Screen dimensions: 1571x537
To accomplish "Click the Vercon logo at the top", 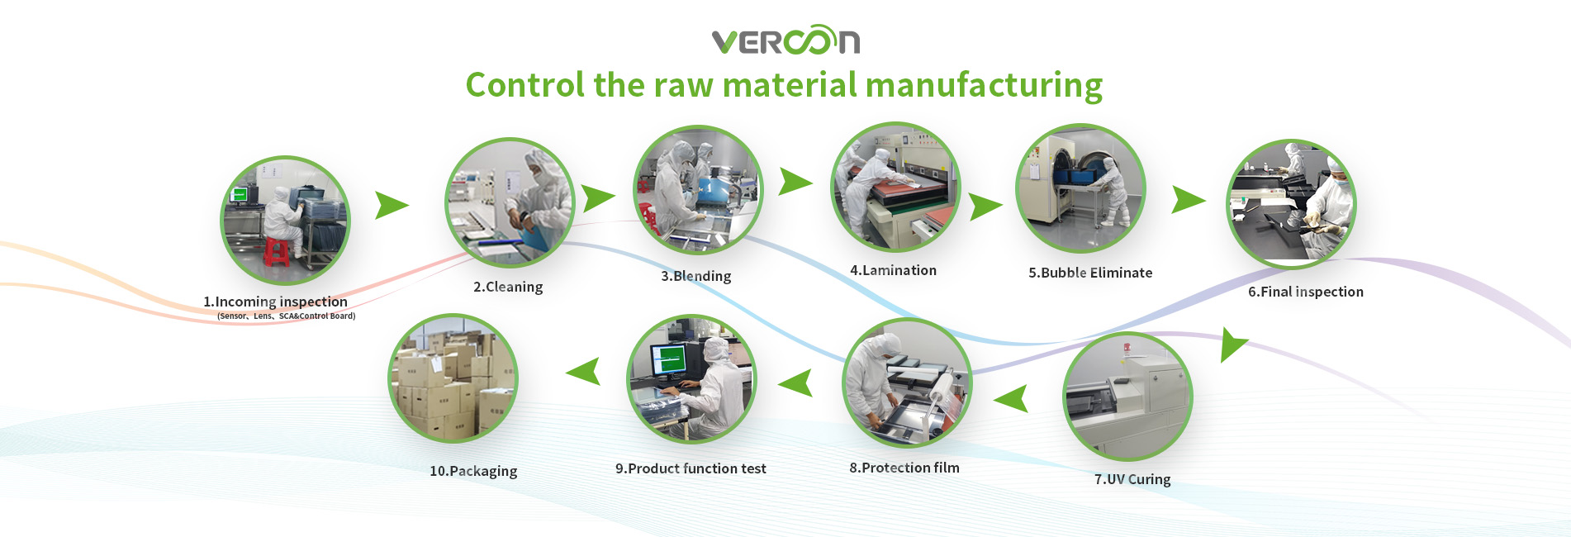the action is (785, 40).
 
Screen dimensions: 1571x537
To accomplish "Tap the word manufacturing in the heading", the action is (984, 86).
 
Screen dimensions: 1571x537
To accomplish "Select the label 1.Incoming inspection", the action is (275, 302).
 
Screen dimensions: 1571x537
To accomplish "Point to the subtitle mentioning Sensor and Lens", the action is (286, 316).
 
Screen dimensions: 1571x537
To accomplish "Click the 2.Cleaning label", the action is (508, 287).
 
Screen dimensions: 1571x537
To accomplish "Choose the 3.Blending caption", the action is (695, 276).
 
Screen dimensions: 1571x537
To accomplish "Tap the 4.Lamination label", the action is (893, 270).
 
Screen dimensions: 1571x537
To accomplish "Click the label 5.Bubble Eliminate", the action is (1090, 273).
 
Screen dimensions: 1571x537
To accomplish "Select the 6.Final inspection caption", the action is (1305, 292).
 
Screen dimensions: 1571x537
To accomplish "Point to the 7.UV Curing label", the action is (1132, 479).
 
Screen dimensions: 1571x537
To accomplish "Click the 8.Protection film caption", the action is (904, 468).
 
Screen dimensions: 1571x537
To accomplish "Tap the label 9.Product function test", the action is (691, 468).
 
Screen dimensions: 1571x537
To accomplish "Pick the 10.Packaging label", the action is (473, 471).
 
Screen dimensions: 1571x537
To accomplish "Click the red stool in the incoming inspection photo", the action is (277, 252).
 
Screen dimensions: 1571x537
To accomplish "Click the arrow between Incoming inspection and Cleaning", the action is (392, 205).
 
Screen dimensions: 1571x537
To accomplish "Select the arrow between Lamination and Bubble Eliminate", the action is (985, 207).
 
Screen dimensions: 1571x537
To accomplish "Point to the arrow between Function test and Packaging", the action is (584, 372).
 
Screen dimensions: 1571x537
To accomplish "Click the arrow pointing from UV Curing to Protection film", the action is (1011, 399).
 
